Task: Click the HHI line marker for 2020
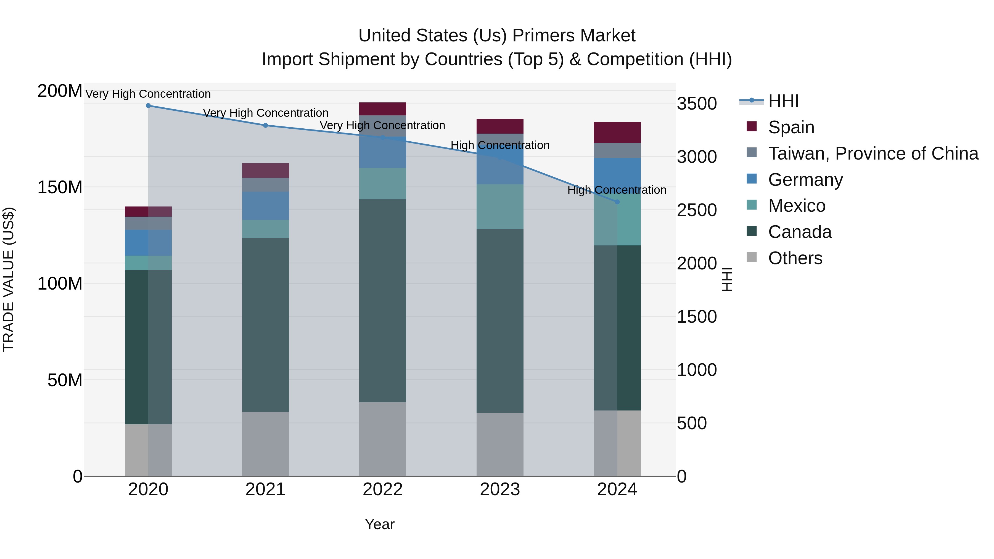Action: (x=148, y=105)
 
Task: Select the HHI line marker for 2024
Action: (x=617, y=202)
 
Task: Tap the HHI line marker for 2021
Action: (x=265, y=125)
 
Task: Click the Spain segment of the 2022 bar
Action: (x=382, y=109)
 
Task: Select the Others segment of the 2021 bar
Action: (x=265, y=444)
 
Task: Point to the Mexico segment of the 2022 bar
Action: (x=382, y=184)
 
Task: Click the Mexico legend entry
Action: (x=796, y=206)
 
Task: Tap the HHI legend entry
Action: (x=783, y=101)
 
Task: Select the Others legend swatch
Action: (x=752, y=257)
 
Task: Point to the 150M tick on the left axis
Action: (x=60, y=187)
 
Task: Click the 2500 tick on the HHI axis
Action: (x=697, y=210)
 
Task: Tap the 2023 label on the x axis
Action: (x=500, y=489)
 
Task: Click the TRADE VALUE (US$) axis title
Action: (x=9, y=279)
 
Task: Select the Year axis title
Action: (x=380, y=524)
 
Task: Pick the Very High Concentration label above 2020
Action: (x=148, y=94)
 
